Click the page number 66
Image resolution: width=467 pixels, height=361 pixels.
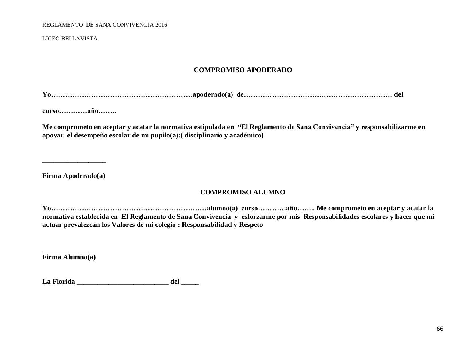coord(440,329)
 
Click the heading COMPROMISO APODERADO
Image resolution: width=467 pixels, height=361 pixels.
coord(243,70)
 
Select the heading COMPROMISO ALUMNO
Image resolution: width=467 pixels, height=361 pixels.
coord(243,192)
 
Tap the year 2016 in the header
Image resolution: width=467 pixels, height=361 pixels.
coord(161,25)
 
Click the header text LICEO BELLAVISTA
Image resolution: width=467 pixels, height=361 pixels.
coord(70,39)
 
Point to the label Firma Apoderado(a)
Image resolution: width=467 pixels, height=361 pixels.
coord(74,176)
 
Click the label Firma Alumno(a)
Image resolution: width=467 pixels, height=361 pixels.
coord(69,257)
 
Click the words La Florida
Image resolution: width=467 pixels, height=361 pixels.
coord(59,282)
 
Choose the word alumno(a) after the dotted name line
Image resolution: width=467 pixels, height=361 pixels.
coord(222,208)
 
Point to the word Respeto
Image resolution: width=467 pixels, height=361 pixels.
coord(251,225)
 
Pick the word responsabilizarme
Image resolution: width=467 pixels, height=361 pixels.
coord(389,127)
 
